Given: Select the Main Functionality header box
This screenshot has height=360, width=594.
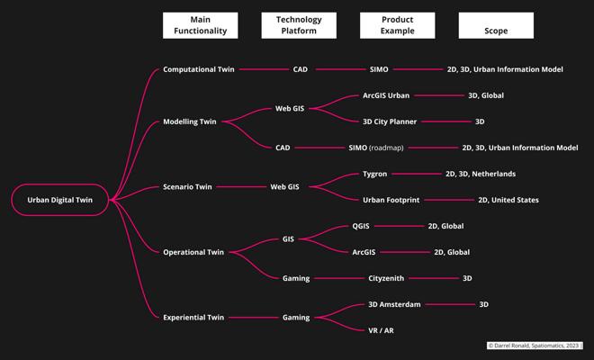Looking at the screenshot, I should click(201, 25).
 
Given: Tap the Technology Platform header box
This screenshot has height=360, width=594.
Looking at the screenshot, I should click(299, 25).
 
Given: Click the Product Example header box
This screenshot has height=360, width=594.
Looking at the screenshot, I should click(397, 25).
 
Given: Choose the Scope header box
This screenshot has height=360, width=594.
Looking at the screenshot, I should click(495, 25).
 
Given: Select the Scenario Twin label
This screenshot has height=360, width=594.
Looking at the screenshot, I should click(187, 187).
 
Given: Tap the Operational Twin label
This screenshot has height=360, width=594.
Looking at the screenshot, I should click(193, 252).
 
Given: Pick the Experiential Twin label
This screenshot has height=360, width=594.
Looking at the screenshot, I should click(193, 317).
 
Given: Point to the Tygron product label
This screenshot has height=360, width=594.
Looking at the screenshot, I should click(374, 174).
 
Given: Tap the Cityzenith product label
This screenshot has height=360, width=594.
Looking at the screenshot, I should click(391, 278).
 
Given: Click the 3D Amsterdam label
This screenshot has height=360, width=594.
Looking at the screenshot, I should click(394, 304).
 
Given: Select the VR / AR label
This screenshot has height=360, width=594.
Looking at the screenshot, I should click(381, 330).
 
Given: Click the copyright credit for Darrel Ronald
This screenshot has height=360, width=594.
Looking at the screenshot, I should click(535, 345).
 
